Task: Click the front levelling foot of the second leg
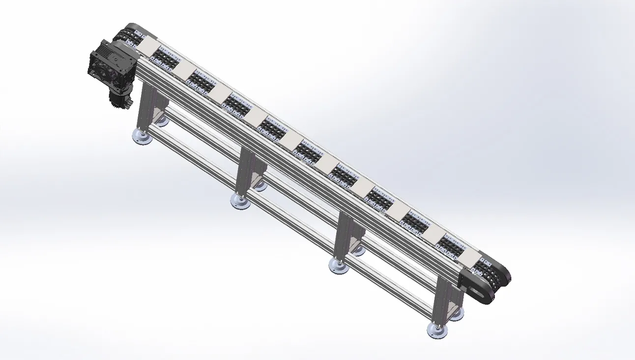coord(241,202)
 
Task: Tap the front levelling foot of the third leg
coord(339,267)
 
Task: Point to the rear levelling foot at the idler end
coord(457,315)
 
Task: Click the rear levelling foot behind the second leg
coord(260,185)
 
